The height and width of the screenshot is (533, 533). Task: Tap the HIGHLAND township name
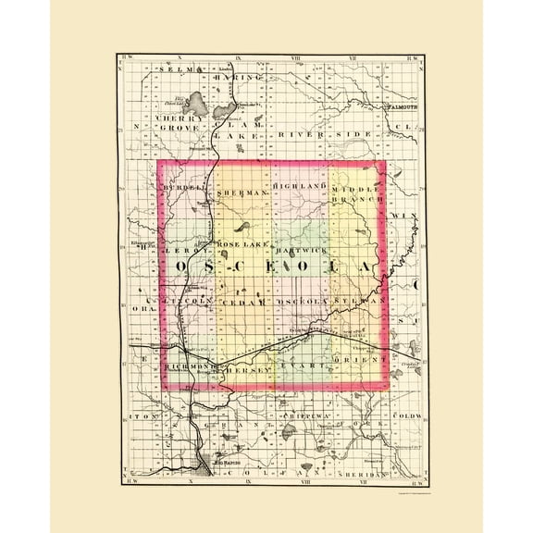pyautogui.click(x=300, y=187)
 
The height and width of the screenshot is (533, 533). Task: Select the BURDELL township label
pyautogui.click(x=180, y=188)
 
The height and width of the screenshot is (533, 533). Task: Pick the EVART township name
pyautogui.click(x=311, y=368)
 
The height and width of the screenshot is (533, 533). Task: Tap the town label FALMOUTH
pyautogui.click(x=400, y=108)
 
